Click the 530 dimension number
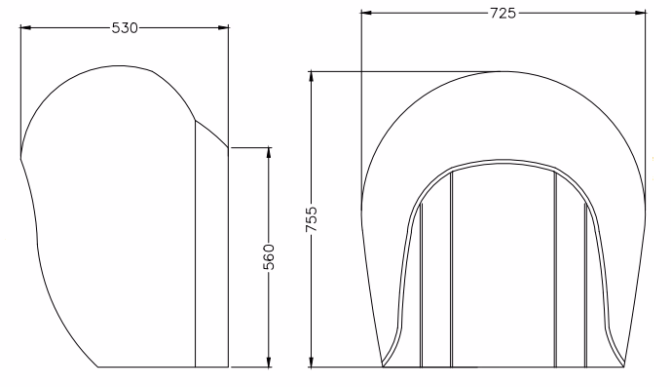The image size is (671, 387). [125, 28]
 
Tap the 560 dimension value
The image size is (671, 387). [269, 256]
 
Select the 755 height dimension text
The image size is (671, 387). [312, 219]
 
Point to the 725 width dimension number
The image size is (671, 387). [503, 14]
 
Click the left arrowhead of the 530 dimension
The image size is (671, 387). [25, 28]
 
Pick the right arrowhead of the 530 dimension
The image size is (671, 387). [223, 28]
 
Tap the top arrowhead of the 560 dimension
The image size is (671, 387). [269, 153]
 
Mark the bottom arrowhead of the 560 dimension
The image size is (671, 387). [269, 362]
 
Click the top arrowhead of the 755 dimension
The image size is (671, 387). [311, 76]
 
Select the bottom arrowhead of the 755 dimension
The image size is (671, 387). [311, 362]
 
